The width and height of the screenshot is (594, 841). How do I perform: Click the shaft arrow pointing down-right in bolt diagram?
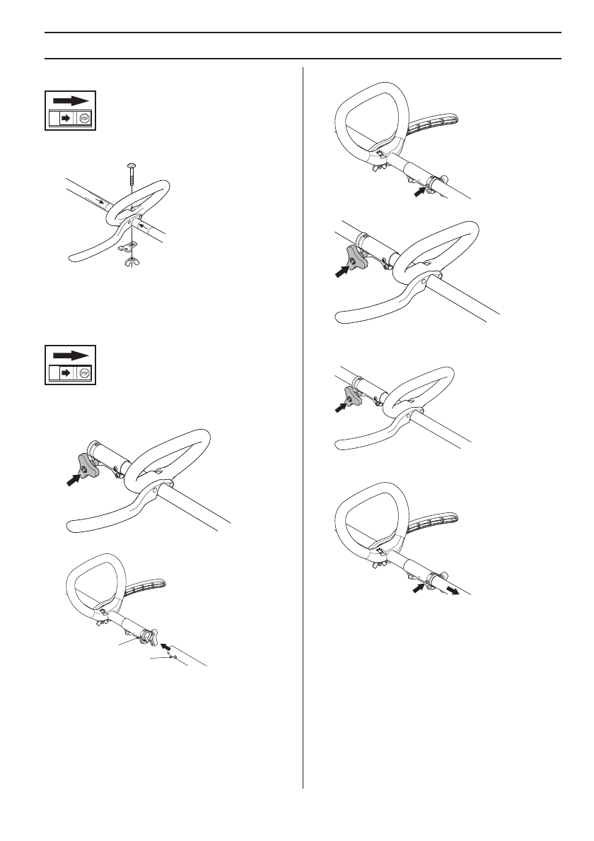coord(105,201)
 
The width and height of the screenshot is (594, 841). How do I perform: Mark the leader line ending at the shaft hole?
coord(161,658)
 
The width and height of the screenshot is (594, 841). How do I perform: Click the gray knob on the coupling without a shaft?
coord(84,471)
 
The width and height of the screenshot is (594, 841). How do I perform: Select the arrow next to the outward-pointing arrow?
coord(419,585)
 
